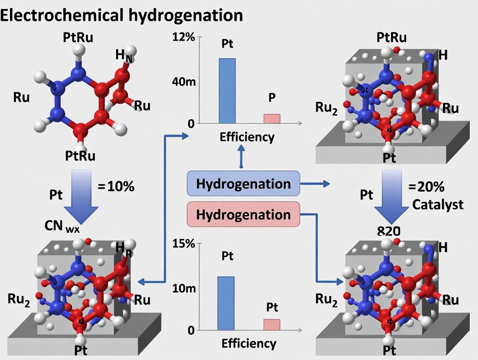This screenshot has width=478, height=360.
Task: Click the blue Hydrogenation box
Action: [x=243, y=183]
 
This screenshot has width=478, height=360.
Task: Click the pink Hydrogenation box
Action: [x=243, y=215]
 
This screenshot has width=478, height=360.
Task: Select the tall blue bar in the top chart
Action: [x=227, y=91]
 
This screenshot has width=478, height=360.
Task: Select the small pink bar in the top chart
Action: [x=272, y=119]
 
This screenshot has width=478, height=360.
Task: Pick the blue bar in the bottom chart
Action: [x=226, y=303]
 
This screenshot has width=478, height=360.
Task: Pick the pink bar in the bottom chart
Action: [x=272, y=325]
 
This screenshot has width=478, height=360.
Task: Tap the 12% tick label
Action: [x=184, y=37]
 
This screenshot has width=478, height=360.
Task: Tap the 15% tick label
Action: [x=184, y=244]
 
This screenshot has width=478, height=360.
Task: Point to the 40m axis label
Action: [x=184, y=82]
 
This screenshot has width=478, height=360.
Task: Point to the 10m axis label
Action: [x=184, y=289]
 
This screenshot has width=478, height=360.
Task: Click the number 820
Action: [x=388, y=231]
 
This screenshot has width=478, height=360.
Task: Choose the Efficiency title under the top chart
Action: [x=247, y=137]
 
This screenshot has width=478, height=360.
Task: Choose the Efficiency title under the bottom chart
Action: [x=249, y=344]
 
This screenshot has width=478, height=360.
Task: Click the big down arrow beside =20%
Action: [x=391, y=197]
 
